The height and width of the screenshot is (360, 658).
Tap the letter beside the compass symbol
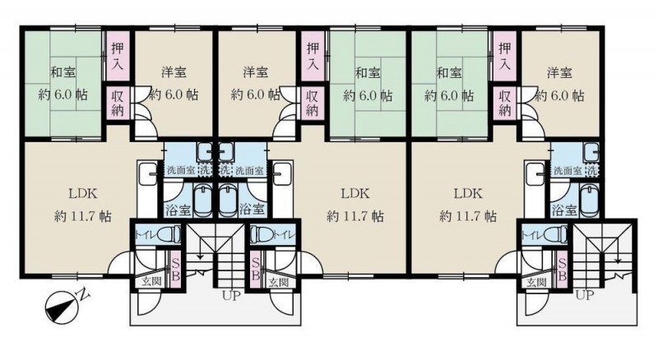coord(85,293)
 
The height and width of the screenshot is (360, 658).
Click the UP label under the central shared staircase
coord(231,296)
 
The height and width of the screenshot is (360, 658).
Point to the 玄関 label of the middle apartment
coord(278,282)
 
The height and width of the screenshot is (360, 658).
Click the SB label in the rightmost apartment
coord(563,270)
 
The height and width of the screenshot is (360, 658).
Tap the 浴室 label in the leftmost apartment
coord(178,209)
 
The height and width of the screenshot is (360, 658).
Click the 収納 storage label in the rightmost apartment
coord(505,103)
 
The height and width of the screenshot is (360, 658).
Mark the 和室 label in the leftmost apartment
coord(63,72)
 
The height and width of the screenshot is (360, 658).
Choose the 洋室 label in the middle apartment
coord(256,72)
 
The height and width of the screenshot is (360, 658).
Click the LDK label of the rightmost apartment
coord(467,194)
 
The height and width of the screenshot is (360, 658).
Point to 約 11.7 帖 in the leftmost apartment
coord(83,216)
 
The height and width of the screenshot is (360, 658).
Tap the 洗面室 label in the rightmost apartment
coord(568,171)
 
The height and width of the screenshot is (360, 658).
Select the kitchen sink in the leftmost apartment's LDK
coord(147,170)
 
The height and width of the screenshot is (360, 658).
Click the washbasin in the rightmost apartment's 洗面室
coord(591,150)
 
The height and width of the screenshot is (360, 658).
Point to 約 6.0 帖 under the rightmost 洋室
coord(560,95)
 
